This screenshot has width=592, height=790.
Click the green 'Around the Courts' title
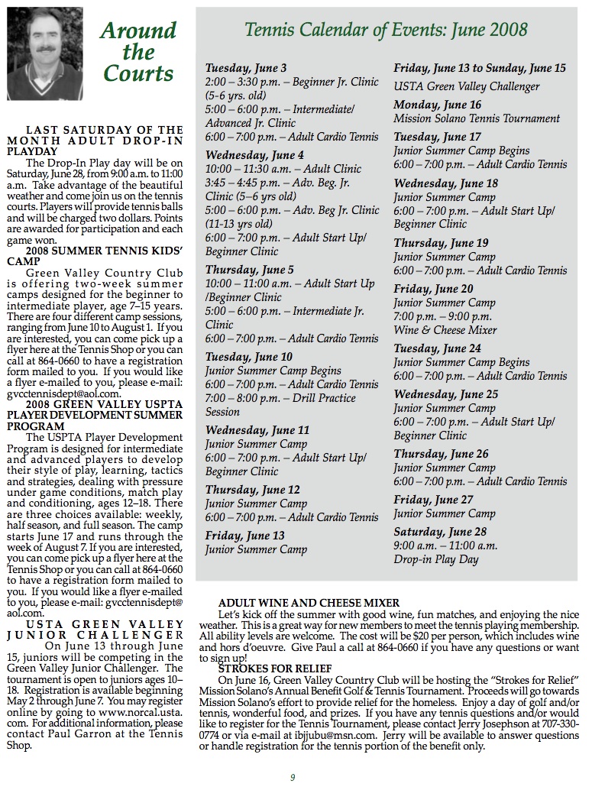[138, 52]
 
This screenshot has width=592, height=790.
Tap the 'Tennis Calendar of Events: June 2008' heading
[386, 30]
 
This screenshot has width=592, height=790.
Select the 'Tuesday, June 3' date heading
[246, 69]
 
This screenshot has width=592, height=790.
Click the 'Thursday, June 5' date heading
[249, 270]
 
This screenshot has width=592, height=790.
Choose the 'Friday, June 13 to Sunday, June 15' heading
[480, 68]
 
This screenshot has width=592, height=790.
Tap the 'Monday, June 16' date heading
[438, 105]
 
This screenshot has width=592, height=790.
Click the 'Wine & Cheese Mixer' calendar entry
[445, 331]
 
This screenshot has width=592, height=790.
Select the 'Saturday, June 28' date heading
[440, 532]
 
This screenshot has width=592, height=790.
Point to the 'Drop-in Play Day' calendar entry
[436, 559]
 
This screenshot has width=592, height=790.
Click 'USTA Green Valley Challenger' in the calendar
[467, 86]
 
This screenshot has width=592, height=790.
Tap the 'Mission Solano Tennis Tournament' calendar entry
[477, 118]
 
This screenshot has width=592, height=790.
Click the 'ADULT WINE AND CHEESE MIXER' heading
[309, 604]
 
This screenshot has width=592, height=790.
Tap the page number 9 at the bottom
[293, 778]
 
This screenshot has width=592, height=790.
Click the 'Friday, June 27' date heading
[433, 500]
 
